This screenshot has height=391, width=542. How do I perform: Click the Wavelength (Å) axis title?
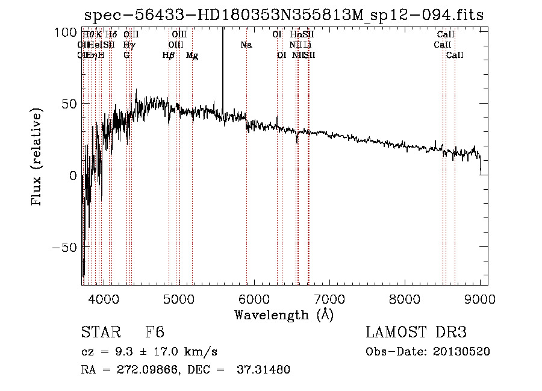(284, 314)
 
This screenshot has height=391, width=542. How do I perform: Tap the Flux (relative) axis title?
(37, 157)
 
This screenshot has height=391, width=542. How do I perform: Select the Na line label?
(246, 45)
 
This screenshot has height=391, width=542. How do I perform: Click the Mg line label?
(192, 55)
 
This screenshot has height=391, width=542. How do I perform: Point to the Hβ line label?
(169, 55)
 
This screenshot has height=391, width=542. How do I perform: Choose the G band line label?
(126, 55)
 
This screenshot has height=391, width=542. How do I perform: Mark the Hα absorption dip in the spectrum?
(296, 139)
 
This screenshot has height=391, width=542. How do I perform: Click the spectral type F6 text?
(155, 333)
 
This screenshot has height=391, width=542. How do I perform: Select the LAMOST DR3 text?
(416, 333)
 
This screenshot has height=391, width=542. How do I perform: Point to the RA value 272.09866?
(148, 369)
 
